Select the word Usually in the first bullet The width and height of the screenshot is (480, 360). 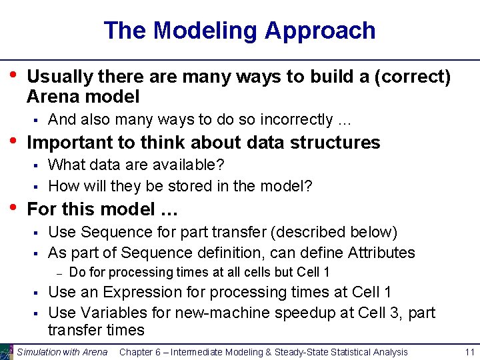point(56,77)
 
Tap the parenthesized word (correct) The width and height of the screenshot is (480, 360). point(413,77)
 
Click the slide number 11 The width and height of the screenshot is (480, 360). point(468,352)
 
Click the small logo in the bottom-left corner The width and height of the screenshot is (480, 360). point(7,352)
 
